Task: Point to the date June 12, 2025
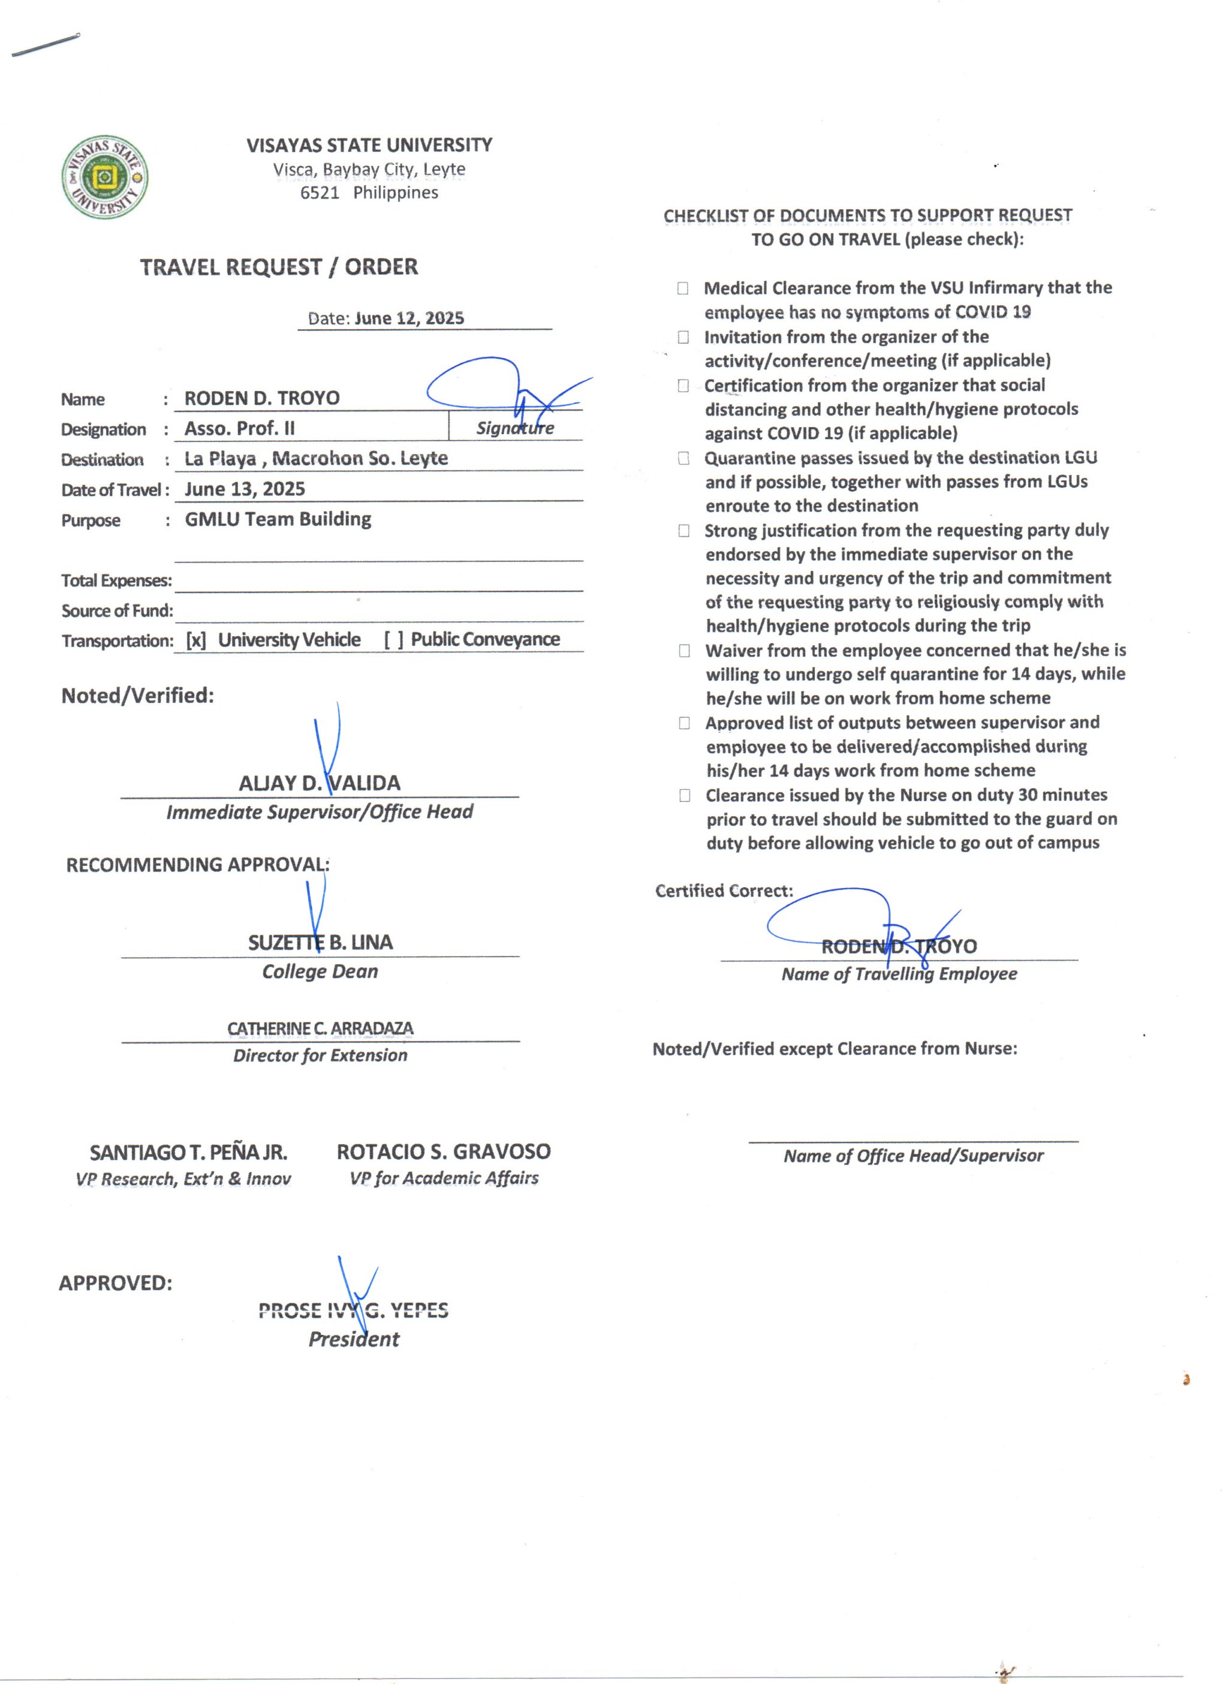click(x=409, y=318)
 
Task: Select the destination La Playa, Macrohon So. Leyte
click(x=316, y=459)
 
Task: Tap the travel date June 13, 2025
click(x=245, y=489)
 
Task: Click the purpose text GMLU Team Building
click(x=278, y=519)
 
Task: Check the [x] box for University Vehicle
click(x=196, y=640)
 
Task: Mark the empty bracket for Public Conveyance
click(x=393, y=640)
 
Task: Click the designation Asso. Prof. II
click(x=240, y=428)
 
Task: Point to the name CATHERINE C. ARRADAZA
click(x=320, y=1029)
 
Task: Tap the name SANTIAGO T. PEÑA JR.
click(x=188, y=1153)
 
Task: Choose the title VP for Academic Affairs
click(x=444, y=1178)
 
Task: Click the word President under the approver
click(x=353, y=1340)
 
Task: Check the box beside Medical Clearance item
click(x=683, y=288)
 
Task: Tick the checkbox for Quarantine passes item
click(x=683, y=458)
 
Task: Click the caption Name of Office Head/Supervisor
click(x=913, y=1156)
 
